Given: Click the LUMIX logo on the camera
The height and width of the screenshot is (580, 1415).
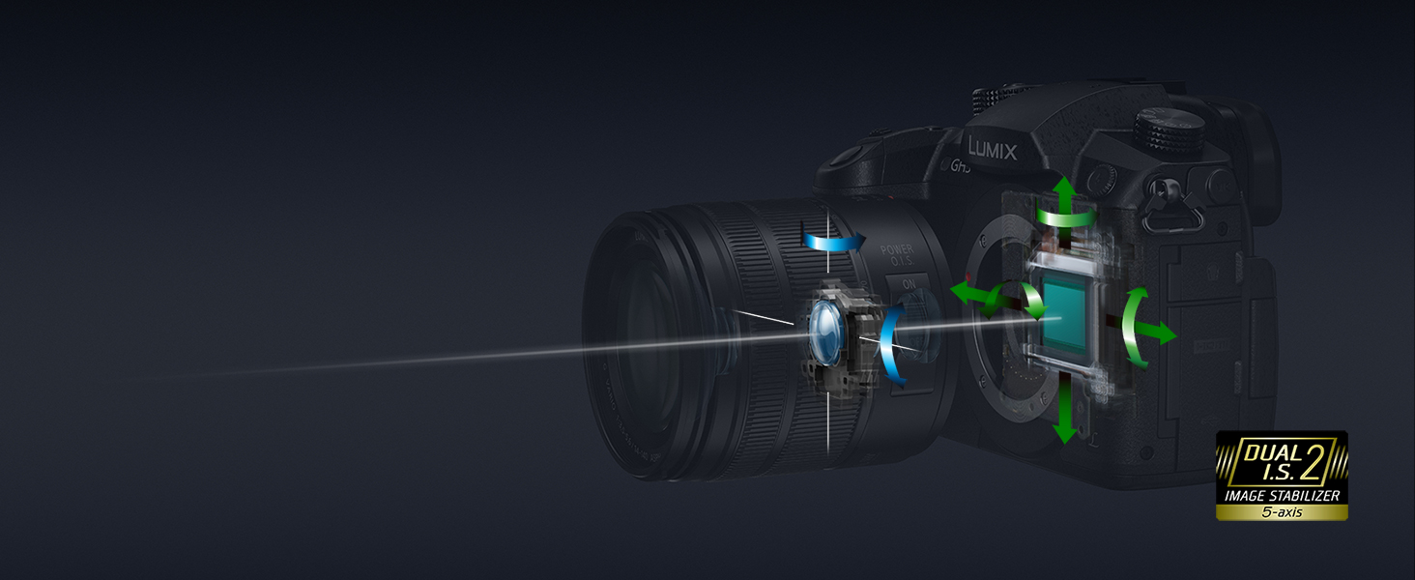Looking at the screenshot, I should (992, 148).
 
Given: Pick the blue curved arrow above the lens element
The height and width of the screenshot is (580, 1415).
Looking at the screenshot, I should (832, 240).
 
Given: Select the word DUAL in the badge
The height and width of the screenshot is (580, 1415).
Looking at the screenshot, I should (1267, 450).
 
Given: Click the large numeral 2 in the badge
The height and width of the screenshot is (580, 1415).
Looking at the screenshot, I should (1313, 461).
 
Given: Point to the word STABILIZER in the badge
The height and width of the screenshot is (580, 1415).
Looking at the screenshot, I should (1305, 495).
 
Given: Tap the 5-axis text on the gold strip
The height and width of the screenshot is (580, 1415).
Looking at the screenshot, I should (1282, 511).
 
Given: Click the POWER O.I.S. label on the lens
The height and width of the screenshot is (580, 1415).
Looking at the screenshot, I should (897, 257).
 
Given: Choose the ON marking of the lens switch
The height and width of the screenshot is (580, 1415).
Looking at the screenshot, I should (909, 285).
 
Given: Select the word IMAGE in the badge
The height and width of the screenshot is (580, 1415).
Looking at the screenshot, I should (1246, 495).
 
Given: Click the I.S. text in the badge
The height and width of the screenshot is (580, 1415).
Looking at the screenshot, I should (1269, 473).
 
